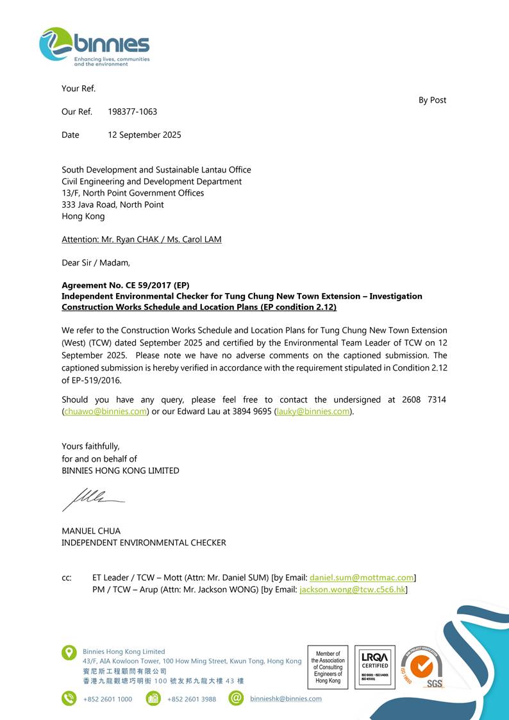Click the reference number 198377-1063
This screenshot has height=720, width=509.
(132, 112)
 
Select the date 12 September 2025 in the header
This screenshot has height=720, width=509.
(144, 135)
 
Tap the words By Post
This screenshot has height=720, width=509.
(432, 100)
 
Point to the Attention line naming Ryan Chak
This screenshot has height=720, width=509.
(141, 239)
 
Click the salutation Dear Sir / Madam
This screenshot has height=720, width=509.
(96, 262)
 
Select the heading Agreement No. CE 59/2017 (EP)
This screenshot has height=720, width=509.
(125, 285)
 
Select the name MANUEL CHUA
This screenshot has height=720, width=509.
(91, 531)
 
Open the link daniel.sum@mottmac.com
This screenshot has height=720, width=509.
(362, 578)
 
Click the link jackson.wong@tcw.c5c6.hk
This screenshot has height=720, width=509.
(353, 589)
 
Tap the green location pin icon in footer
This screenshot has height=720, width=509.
(69, 653)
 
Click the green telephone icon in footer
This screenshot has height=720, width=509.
(69, 698)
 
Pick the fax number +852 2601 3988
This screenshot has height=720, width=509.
(192, 699)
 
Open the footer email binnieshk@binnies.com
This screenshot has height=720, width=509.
(286, 699)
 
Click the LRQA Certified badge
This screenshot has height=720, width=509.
(374, 667)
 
